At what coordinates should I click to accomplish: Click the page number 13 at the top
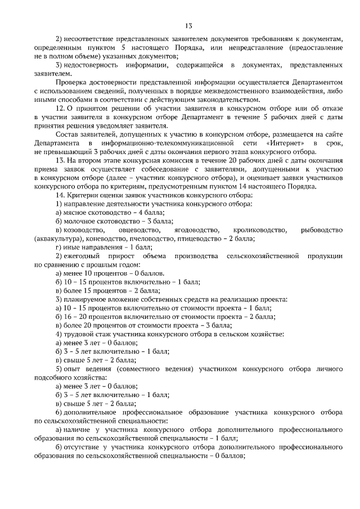tap(188, 25)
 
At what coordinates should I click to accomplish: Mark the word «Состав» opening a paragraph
tap(67, 134)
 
